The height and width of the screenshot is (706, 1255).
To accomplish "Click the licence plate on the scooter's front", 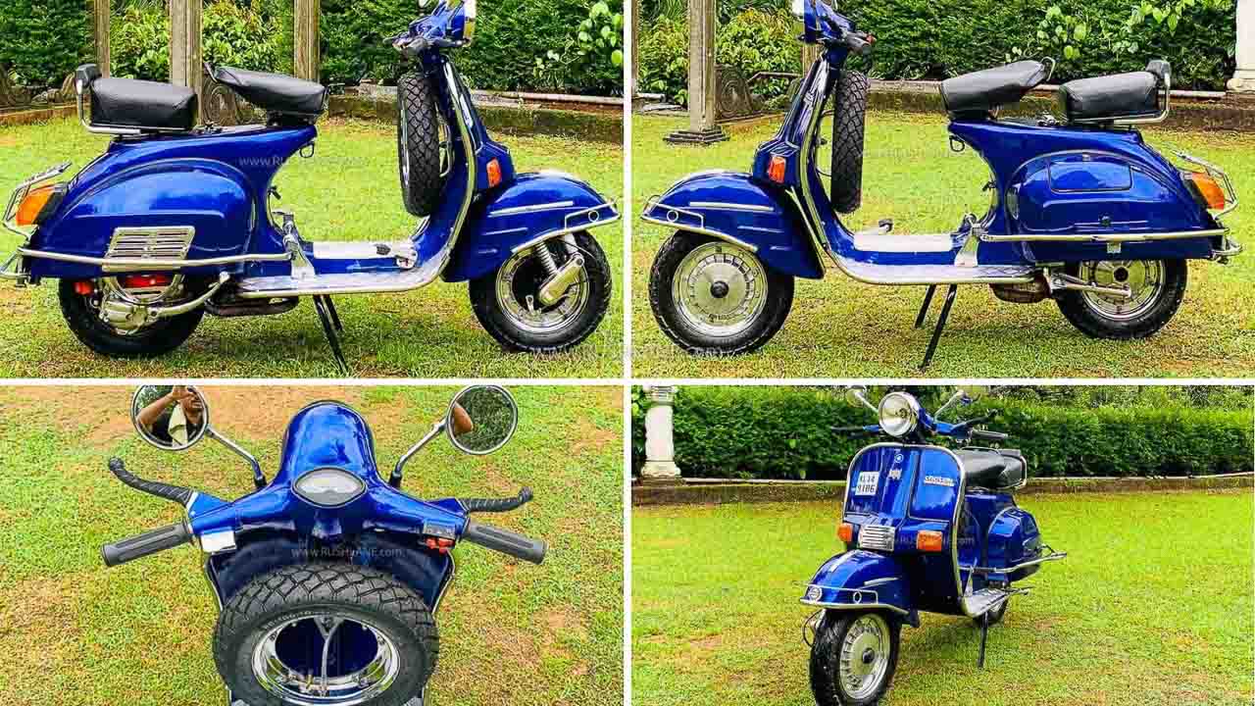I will [x=867, y=483].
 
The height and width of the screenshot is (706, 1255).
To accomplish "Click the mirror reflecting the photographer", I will [x=170, y=416].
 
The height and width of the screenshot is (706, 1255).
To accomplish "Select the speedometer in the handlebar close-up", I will [x=329, y=486].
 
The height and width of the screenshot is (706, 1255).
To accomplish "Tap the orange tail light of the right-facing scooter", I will [x=35, y=205].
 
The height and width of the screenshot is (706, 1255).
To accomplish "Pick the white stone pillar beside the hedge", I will [x=661, y=431].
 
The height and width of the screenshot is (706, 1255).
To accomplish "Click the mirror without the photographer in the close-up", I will [x=481, y=419].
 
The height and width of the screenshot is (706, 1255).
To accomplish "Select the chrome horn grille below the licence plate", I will [x=875, y=536].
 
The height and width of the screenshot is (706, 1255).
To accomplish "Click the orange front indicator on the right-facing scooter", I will [x=493, y=173].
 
